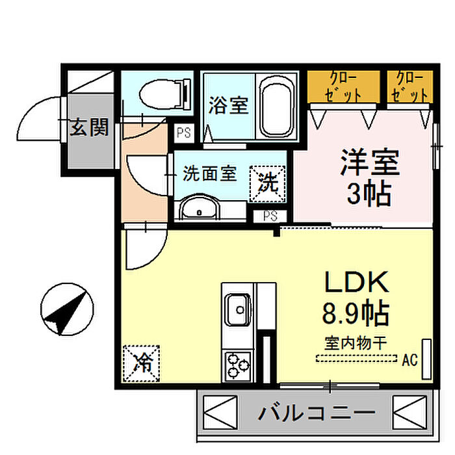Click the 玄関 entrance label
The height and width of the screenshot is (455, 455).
pos(89,128)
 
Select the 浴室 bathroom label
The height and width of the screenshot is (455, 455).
pos(229,106)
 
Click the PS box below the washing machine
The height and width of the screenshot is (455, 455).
pos(272,216)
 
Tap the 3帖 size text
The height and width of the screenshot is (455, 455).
pos(367,194)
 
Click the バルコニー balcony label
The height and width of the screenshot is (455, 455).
pos(317,412)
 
